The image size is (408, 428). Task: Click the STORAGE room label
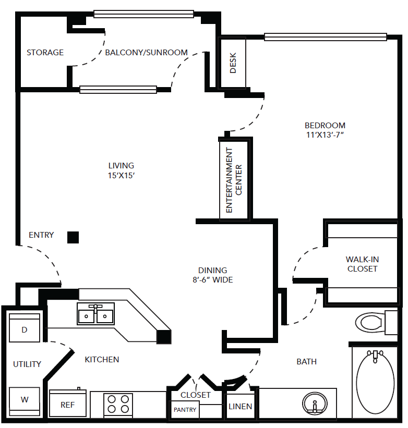[45, 53]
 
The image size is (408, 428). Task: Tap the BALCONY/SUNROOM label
[147, 53]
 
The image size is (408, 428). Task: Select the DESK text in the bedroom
[233, 63]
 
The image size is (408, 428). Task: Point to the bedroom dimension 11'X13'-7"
[325, 135]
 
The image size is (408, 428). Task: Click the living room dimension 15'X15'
[121, 176]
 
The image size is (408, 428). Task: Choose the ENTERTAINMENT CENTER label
[234, 180]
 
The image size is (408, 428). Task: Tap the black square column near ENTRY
[73, 238]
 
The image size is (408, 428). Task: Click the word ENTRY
[41, 235]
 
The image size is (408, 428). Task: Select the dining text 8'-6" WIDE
[213, 280]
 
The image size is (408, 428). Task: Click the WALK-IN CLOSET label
[363, 264]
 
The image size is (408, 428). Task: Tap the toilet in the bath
[376, 323]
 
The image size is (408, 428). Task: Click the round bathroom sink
[315, 403]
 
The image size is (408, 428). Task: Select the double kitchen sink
[95, 314]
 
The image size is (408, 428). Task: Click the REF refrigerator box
[68, 403]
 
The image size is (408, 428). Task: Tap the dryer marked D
[25, 328]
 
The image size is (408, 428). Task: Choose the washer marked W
[25, 401]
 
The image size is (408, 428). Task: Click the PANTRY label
[185, 410]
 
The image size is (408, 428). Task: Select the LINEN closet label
[241, 407]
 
